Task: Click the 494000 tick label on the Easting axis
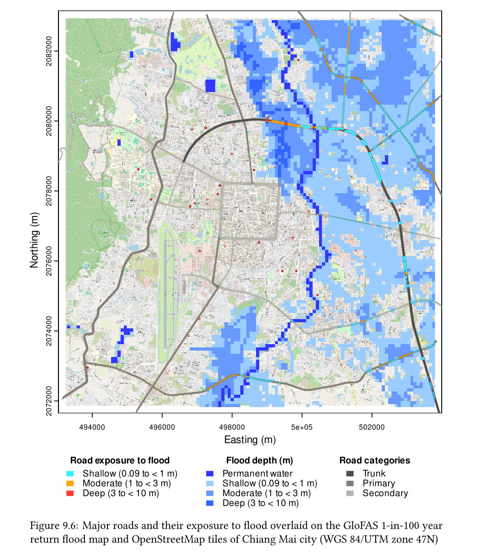pos(92,427)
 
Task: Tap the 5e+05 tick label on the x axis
pos(302,427)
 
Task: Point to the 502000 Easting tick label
pos(372,427)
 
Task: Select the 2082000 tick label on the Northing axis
pos(49,51)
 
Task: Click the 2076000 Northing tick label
pos(49,261)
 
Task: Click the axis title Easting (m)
pos(250,439)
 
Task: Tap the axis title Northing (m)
pos(34,240)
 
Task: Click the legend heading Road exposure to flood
pos(120,460)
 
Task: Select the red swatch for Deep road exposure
pos(70,493)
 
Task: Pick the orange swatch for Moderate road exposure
pos(70,483)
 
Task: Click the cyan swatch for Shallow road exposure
pos(70,474)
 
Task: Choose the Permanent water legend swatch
pos(210,474)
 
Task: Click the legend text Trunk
pos(374,474)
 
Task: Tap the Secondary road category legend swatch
pos(350,493)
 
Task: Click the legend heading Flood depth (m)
pos(259,460)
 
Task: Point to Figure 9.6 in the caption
pos(54,526)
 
